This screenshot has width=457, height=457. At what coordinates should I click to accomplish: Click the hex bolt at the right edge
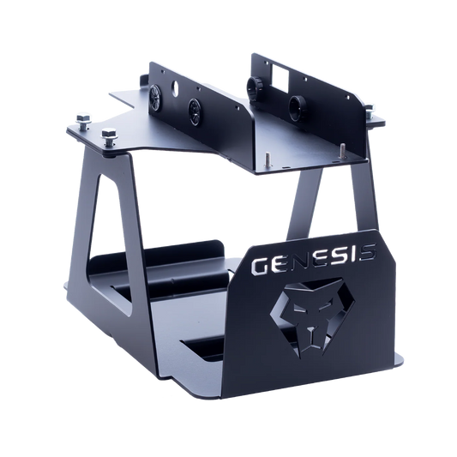(369, 111)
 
